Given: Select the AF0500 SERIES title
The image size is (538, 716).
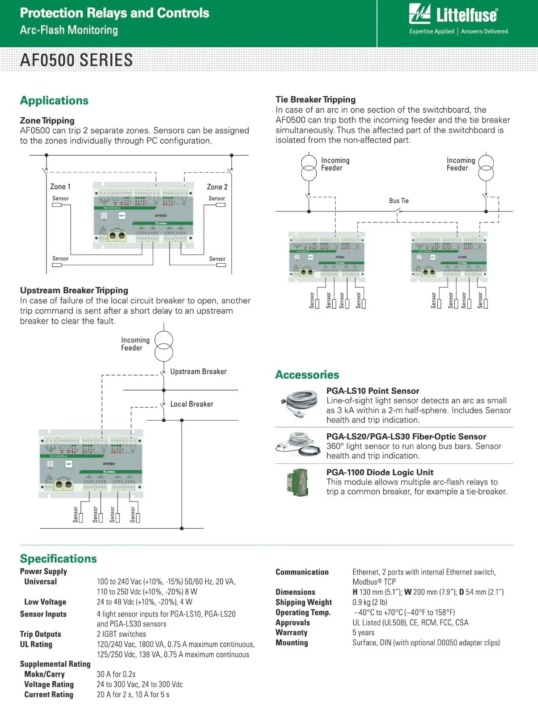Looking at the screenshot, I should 76,60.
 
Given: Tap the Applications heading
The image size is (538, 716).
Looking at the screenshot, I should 54,101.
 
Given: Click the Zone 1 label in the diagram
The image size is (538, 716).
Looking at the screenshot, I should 60,187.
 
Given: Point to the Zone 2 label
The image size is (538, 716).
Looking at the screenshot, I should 217,187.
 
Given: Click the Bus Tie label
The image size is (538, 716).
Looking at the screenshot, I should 398,201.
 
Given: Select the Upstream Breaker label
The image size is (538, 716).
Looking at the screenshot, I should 198,372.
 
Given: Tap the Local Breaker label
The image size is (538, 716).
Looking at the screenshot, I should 191,404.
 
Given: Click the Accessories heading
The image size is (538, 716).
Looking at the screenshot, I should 307,375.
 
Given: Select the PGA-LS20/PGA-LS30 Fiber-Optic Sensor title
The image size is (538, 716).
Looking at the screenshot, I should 406,437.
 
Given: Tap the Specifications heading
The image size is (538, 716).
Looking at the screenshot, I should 58,559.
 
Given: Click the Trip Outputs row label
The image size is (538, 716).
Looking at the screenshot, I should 40,634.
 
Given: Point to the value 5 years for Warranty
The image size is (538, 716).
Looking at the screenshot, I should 363,633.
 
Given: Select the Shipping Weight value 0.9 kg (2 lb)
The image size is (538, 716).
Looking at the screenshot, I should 369,602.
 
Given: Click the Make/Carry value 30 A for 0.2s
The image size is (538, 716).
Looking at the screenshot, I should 116,674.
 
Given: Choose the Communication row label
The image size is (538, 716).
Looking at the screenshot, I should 302,572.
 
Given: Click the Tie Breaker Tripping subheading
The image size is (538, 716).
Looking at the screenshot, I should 315,100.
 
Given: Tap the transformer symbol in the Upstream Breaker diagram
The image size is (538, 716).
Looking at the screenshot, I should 164,346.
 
